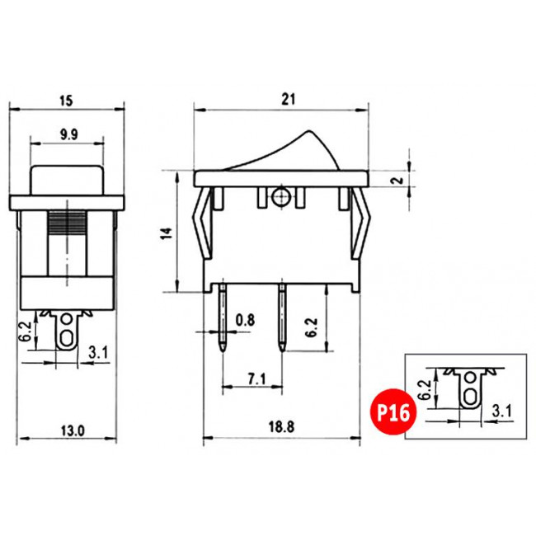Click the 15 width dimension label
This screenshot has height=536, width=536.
tap(67, 101)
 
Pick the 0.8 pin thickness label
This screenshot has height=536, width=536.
tap(245, 319)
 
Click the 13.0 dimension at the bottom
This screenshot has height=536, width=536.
tap(71, 429)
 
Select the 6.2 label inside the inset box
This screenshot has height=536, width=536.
tap(426, 388)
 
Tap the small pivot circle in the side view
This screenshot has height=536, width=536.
tap(280, 198)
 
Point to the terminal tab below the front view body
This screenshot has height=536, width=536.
tap(66, 334)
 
